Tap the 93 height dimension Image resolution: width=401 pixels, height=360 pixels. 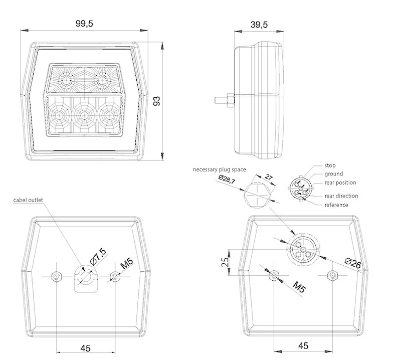coord(156,100)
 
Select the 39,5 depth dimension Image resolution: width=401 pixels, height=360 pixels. coord(259,24)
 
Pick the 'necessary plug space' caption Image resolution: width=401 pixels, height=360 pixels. coord(219,169)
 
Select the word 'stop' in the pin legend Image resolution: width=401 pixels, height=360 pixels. coord(330,165)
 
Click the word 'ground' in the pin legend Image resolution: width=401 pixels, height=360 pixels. coord(333,174)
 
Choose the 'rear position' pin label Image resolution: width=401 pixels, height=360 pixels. coord(340,183)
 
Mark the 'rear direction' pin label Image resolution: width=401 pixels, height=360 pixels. coord(341,196)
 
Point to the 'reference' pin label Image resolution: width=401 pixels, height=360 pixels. coord(336,205)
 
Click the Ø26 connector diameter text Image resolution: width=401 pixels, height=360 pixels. coord(354,264)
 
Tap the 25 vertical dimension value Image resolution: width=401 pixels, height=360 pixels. coord(226,262)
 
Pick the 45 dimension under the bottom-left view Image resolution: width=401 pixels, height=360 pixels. coord(85,347)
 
